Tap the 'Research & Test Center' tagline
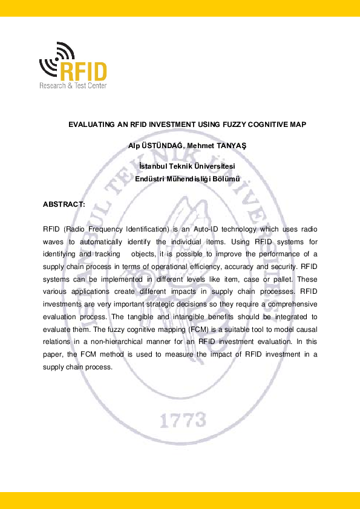[x=73, y=86]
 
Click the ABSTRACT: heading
[x=64, y=204]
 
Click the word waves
[x=53, y=242]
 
